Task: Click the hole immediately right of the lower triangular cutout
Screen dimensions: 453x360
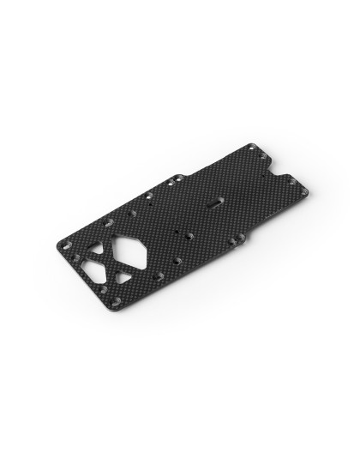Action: pos(158,275)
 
